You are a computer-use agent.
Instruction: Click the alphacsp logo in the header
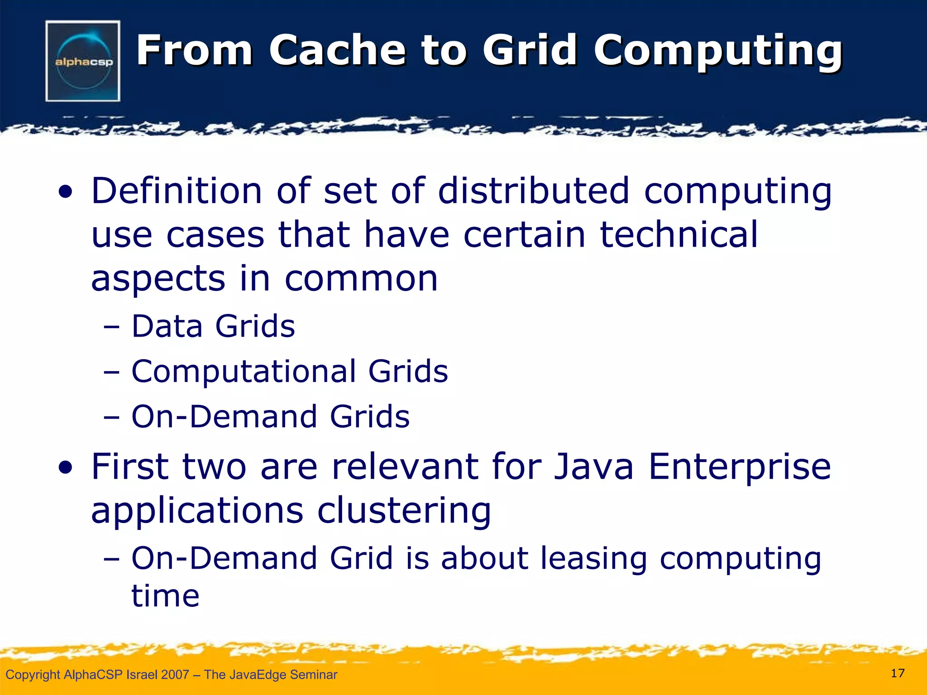tap(83, 61)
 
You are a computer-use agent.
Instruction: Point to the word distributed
tap(534, 191)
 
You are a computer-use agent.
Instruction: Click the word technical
tap(679, 234)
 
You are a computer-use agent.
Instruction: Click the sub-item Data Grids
tap(213, 326)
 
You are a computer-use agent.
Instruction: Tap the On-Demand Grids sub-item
tap(270, 416)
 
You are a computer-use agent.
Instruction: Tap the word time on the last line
tap(165, 595)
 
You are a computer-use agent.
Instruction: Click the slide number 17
tap(897, 673)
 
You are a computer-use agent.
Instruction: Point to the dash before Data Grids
tap(111, 327)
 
